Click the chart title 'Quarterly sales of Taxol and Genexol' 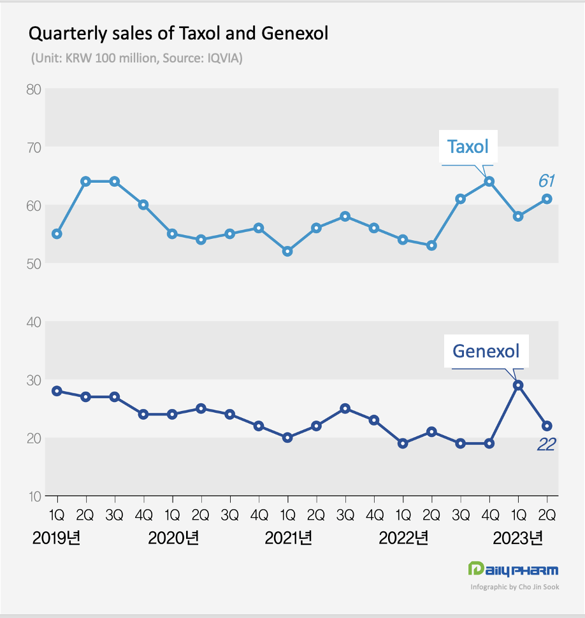(x=179, y=33)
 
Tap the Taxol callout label (x=468, y=147)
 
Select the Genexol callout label (x=486, y=350)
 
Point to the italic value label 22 (x=546, y=445)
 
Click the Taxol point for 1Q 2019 (x=57, y=234)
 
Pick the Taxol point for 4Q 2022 (x=489, y=182)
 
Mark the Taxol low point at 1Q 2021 (x=287, y=251)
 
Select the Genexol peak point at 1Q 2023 (x=518, y=385)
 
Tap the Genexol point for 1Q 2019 (x=57, y=391)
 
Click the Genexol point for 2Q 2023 (x=547, y=426)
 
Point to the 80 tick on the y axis (x=34, y=89)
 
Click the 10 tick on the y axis (x=34, y=496)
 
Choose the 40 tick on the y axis (x=34, y=322)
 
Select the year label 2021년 (x=289, y=538)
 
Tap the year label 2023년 (x=519, y=538)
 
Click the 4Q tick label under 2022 (x=489, y=514)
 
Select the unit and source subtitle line (x=136, y=58)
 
